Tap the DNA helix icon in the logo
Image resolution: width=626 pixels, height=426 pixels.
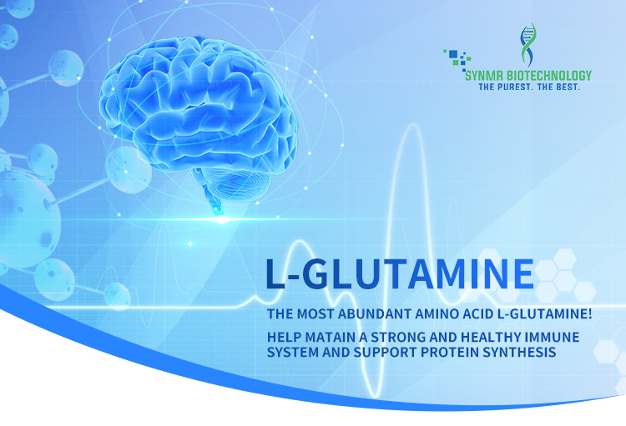point(528,45)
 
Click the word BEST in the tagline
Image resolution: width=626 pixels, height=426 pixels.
point(566,87)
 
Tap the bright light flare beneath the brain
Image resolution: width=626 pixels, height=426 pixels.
point(221,219)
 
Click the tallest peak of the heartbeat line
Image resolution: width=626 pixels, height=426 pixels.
point(411,127)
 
